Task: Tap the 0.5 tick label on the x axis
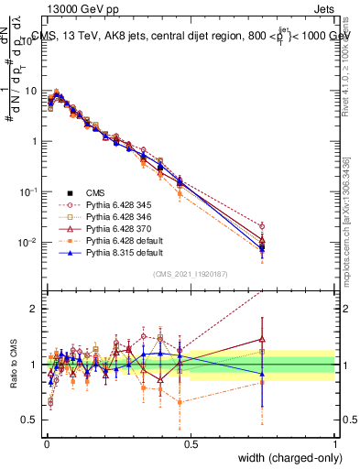click(x=191, y=442)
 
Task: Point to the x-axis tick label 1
click(x=334, y=442)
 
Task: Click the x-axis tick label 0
click(x=46, y=442)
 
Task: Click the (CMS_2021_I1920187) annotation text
click(x=190, y=274)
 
